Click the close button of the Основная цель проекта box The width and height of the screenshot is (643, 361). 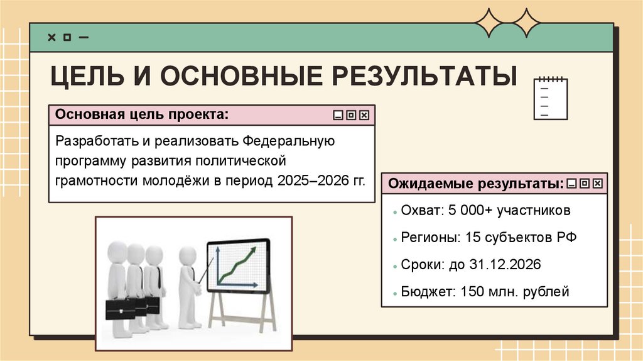pos(364,115)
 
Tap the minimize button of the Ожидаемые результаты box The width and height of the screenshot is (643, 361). pos(571,184)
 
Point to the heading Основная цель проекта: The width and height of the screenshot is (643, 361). pos(142,115)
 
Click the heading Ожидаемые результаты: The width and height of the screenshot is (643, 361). pos(475,184)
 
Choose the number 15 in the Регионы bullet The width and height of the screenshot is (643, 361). pos(474,238)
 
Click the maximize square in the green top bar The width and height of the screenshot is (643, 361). pos(67,37)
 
